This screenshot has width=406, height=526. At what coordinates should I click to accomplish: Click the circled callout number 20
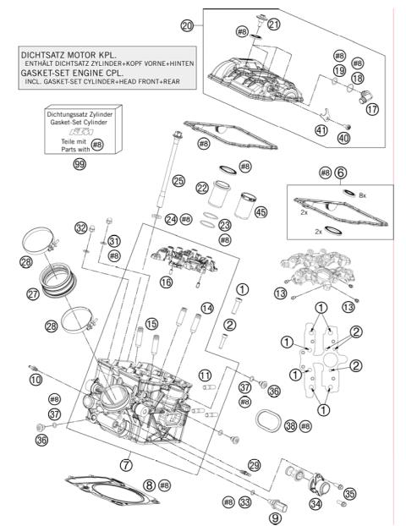pos(188,26)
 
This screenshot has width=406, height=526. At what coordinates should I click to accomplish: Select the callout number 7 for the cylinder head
pos(126,465)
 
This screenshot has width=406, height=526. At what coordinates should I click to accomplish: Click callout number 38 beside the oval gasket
pos(290,426)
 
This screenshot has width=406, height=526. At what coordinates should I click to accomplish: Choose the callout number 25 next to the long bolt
pos(178,180)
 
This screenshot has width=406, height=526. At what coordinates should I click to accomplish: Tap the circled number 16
pos(166,281)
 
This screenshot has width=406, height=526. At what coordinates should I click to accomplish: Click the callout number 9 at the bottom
pos(274,517)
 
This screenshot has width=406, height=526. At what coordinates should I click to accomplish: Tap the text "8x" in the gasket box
pos(363,195)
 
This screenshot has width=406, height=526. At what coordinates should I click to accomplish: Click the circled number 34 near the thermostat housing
pos(315,505)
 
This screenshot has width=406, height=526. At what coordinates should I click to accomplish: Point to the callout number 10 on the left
pos(36,380)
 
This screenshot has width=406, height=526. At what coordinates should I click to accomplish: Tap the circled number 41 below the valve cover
pos(321,130)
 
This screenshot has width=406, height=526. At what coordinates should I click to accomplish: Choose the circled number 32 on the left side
pos(81,228)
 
